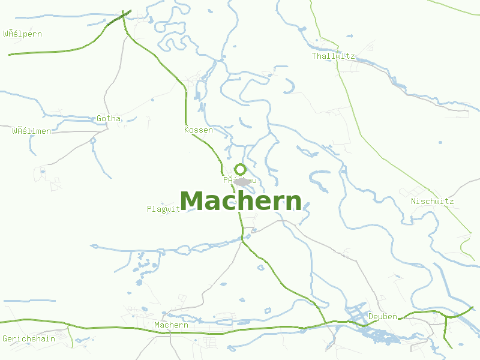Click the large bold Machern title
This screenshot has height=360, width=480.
(x=240, y=202)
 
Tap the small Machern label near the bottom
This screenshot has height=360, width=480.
(x=171, y=325)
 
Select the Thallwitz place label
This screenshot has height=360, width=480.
(x=333, y=56)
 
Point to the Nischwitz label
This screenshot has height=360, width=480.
(x=432, y=202)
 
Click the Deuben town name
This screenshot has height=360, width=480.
(x=383, y=316)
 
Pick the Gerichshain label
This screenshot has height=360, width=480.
(x=29, y=339)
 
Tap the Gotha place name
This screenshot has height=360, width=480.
(x=109, y=119)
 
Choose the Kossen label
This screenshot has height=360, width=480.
(x=198, y=130)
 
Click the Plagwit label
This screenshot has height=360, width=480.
(x=163, y=209)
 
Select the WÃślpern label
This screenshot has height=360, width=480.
(x=22, y=34)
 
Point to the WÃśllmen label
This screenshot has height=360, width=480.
(x=31, y=131)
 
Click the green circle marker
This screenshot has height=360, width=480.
(x=240, y=169)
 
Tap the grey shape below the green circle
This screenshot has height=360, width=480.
(x=242, y=182)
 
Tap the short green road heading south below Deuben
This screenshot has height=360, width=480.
(x=446, y=333)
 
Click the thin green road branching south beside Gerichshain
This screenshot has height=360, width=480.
(x=70, y=337)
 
